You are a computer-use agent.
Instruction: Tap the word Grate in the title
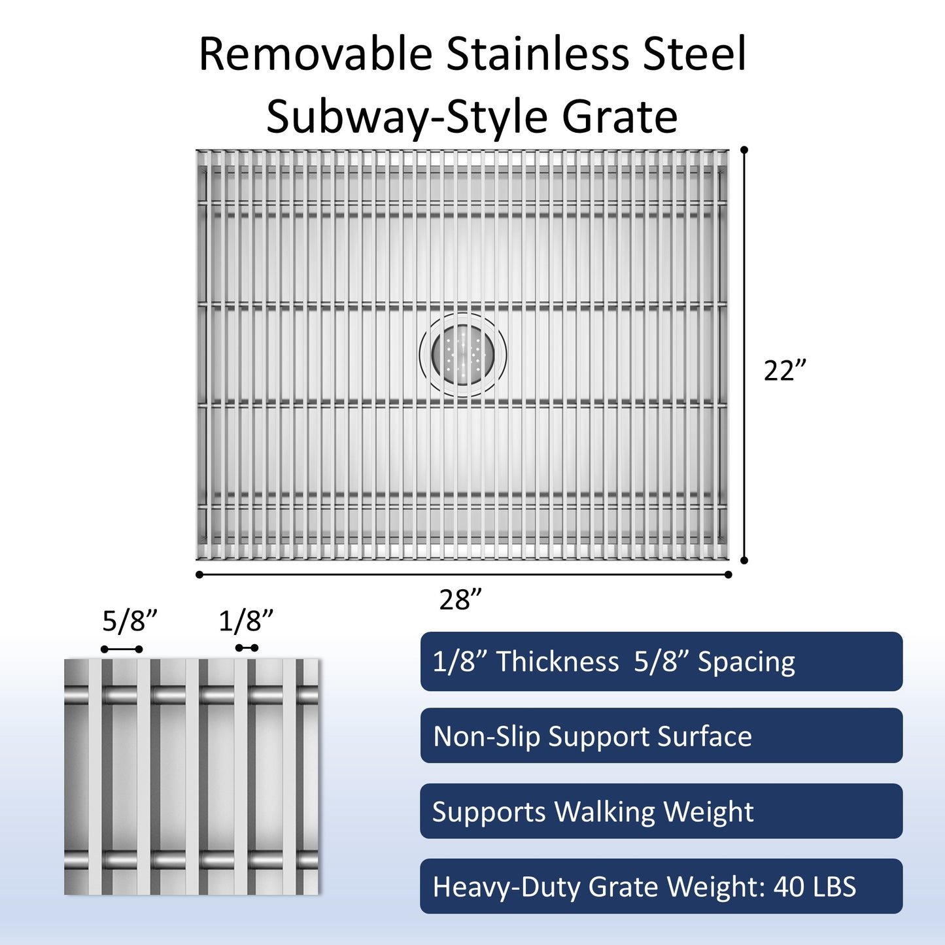tap(619, 118)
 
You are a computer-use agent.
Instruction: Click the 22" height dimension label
tap(785, 371)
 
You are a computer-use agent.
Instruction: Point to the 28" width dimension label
tap(460, 600)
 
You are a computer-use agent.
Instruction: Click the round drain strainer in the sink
tap(463, 354)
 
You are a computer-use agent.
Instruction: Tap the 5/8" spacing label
tap(129, 621)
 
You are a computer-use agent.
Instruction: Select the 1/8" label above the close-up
tap(245, 621)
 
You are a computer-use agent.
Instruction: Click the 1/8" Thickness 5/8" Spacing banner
tap(661, 662)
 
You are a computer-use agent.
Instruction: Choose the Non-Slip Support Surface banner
tap(661, 736)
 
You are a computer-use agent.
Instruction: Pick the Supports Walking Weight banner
tap(661, 812)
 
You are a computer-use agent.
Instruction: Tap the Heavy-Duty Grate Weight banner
tap(661, 887)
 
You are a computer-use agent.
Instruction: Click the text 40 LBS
tap(814, 887)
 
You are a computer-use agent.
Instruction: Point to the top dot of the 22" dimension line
tap(744, 150)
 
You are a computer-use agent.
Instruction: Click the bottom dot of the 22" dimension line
tap(744, 560)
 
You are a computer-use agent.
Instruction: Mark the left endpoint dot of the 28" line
tap(199, 575)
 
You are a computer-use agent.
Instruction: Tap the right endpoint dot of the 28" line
tap(728, 575)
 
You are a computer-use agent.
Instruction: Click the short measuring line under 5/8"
tap(122, 649)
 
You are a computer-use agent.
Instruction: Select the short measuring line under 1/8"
tap(247, 648)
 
